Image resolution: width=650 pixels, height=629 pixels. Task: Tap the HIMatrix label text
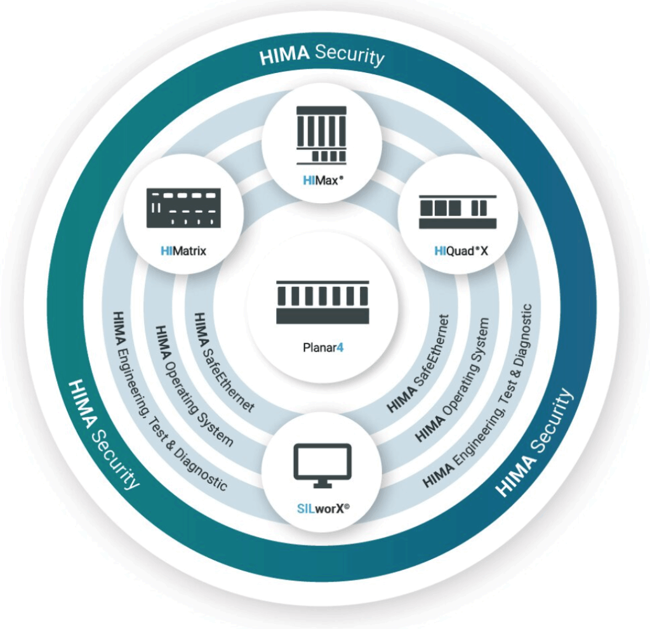coord(183,251)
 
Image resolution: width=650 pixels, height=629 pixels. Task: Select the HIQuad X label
coord(461,251)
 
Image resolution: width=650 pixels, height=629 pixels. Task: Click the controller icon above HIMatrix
coord(183,208)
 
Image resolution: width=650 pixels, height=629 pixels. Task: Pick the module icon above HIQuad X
coord(458,211)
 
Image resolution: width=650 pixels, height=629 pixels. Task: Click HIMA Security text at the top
coord(322,55)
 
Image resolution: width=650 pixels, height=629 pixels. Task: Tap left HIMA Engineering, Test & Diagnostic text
coord(168,401)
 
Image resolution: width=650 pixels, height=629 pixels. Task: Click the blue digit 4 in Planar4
coord(340,347)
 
